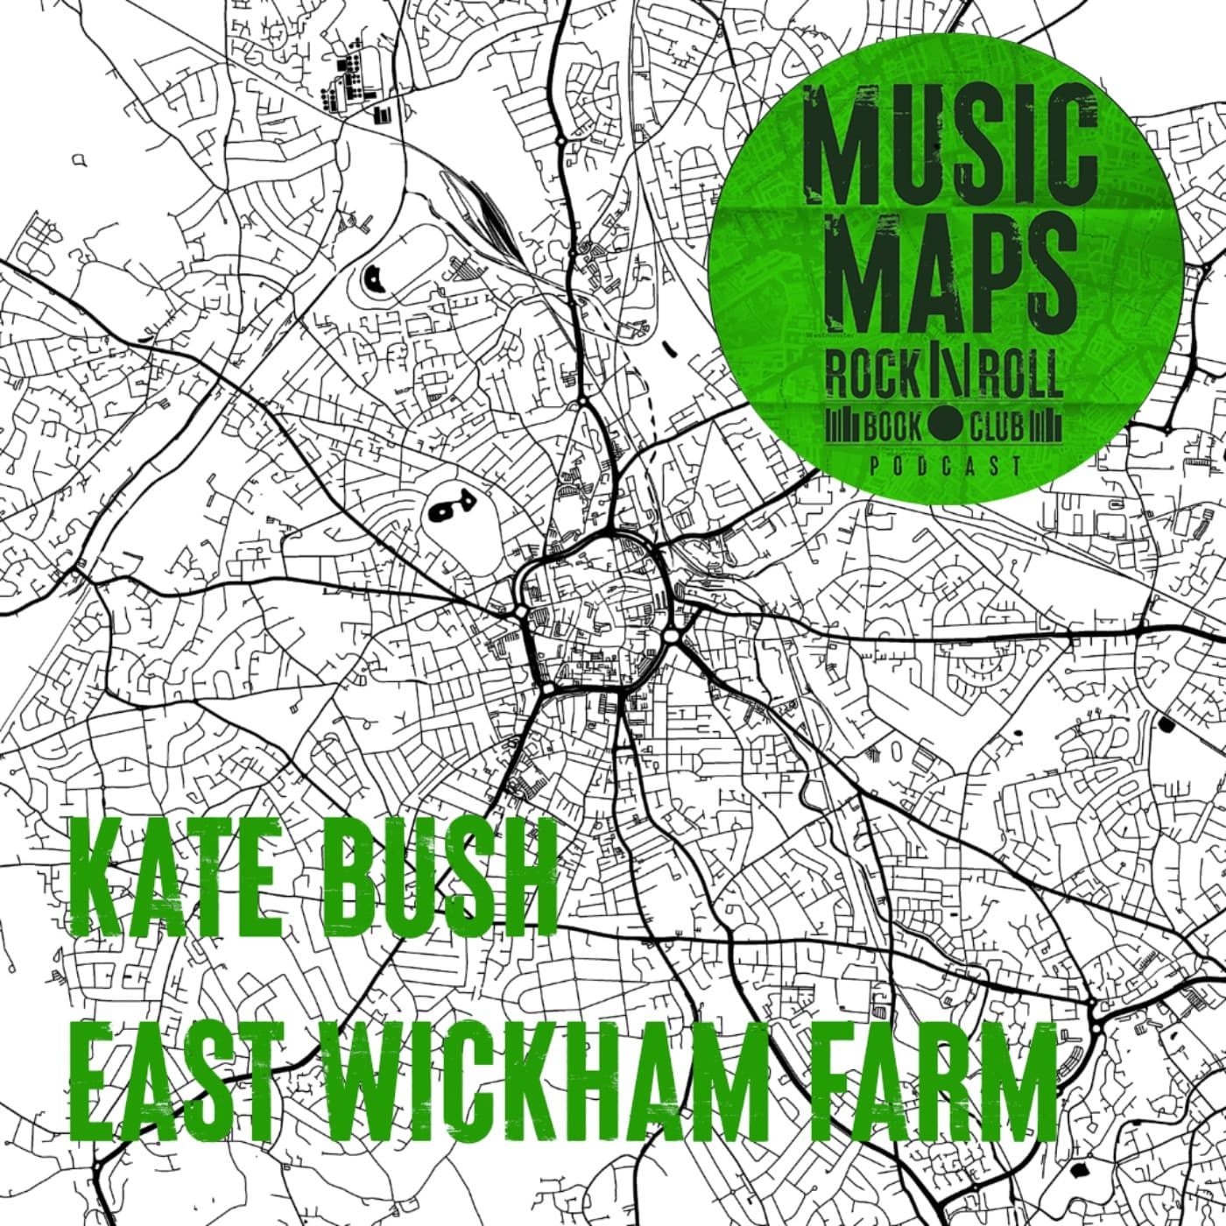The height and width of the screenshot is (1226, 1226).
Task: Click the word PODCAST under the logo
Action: coord(946,466)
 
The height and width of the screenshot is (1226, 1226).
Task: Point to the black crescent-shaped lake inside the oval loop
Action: coord(373,278)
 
